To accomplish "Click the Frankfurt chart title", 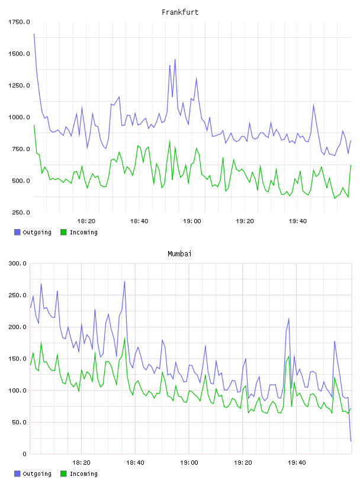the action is pos(180,12).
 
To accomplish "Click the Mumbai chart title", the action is pos(179,254).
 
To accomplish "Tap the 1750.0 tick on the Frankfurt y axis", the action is pos(19,22).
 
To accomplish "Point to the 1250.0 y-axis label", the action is pos(19,85).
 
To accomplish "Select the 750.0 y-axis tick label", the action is pos(21,149).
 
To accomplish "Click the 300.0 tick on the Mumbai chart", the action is pos(18,263).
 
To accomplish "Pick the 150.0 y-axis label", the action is pos(18,359).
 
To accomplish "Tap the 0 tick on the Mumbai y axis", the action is pos(25,454).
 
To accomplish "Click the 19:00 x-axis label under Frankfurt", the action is pos(192,221).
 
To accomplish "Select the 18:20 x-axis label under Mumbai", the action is pos(81,463).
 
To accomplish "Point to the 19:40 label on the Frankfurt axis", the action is pos(298,221).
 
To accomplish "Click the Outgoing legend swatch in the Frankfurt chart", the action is pos(17,232).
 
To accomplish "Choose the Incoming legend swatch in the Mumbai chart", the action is pos(63,474).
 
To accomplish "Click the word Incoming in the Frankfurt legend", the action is pos(83,232).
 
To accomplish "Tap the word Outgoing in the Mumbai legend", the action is pos(37,474).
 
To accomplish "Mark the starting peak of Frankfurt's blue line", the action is pos(34,34).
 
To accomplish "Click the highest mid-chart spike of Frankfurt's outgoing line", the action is pos(175,59).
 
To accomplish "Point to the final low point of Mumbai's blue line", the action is pos(351,441).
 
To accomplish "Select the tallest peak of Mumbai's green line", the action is pos(124,338).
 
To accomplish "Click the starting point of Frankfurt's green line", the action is pos(34,125).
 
